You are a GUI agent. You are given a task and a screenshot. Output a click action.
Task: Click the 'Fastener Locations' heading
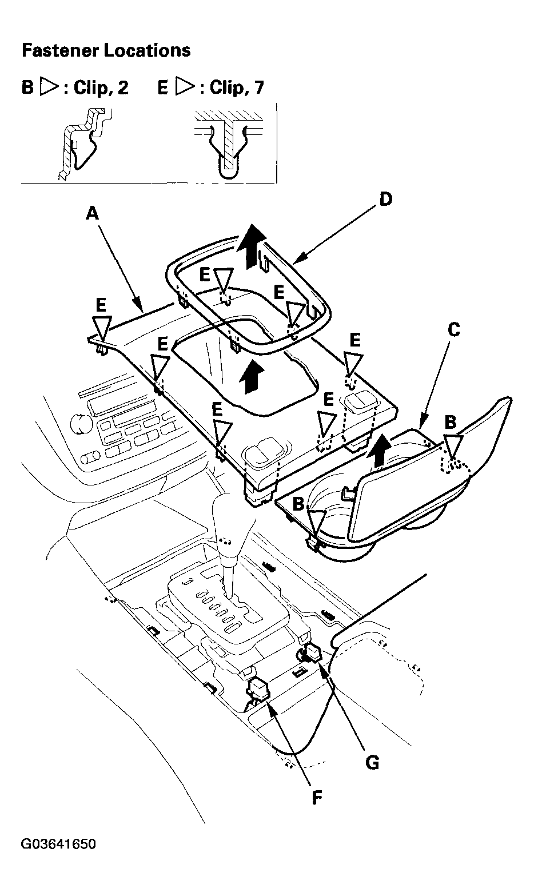click(x=106, y=50)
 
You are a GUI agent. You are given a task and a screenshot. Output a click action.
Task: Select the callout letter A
click(x=92, y=213)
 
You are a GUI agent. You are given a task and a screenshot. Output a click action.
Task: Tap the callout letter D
click(x=385, y=199)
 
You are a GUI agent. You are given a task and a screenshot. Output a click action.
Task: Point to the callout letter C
click(x=453, y=330)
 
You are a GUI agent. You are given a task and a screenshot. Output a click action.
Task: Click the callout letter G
click(x=372, y=763)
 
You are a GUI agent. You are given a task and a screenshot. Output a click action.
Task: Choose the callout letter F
click(x=317, y=798)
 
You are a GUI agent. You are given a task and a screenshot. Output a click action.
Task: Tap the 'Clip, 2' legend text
click(x=101, y=87)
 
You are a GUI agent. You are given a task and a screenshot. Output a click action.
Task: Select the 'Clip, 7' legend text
click(x=237, y=87)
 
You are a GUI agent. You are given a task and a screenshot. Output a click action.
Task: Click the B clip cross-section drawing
click(x=83, y=144)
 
